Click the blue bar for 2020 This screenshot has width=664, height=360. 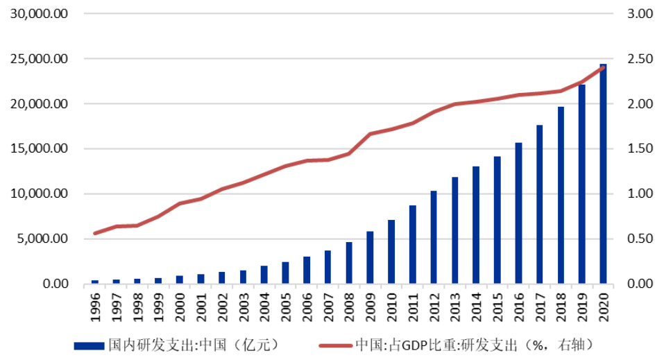(x=603, y=174)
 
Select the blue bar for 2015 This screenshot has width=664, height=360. (x=497, y=221)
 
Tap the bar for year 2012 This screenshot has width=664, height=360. (x=434, y=237)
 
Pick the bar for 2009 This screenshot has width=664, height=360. (x=370, y=257)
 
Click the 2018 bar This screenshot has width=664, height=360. (x=561, y=196)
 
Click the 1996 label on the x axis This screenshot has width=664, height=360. (x=95, y=306)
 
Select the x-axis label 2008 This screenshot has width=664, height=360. (x=349, y=306)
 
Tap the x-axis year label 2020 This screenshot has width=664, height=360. (x=603, y=306)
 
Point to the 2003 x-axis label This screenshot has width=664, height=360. (x=244, y=306)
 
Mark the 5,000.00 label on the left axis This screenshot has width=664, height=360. (x=43, y=239)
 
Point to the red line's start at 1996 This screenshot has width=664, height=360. (x=95, y=233)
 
